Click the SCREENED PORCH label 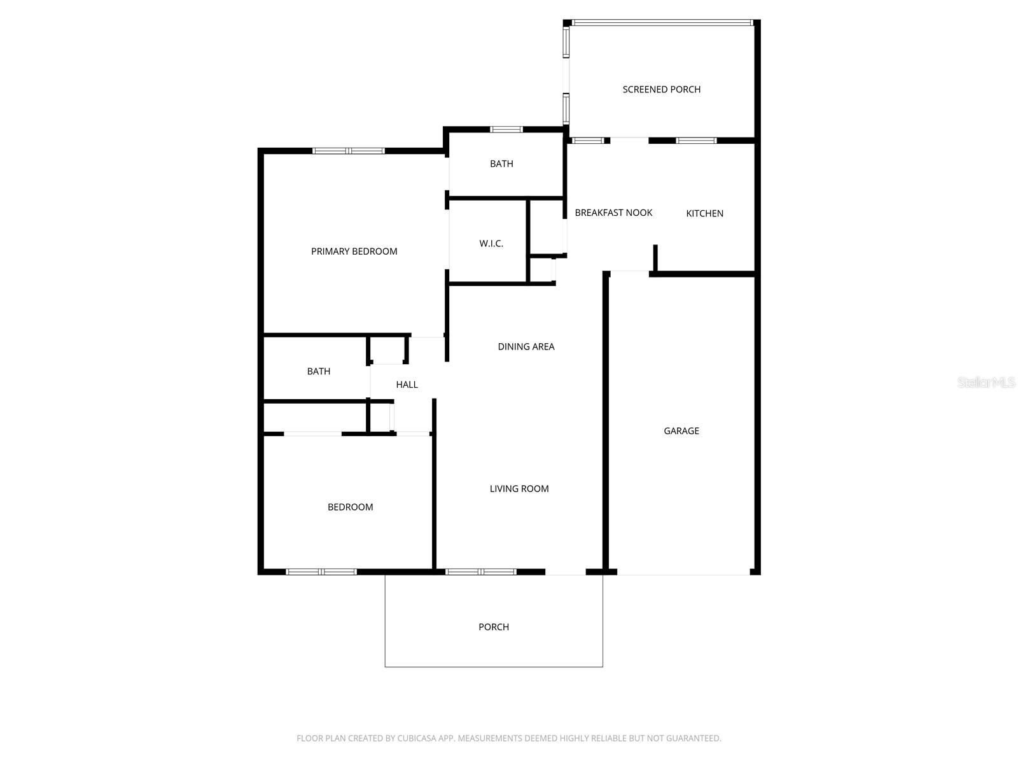click(x=661, y=90)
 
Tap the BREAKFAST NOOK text click(x=613, y=213)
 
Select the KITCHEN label click(x=704, y=213)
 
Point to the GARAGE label click(x=681, y=431)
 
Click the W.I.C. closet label click(x=491, y=244)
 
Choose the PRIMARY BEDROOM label click(x=354, y=251)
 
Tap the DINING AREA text click(x=526, y=346)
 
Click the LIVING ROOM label click(x=519, y=488)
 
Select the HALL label click(x=407, y=385)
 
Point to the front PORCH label click(x=494, y=627)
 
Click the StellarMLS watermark click(x=986, y=382)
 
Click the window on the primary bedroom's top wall click(x=348, y=151)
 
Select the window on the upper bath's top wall click(x=506, y=129)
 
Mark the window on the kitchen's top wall click(x=696, y=141)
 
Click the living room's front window click(x=481, y=572)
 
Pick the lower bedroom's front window click(x=321, y=572)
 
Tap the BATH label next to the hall click(x=319, y=372)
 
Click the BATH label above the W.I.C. click(x=501, y=164)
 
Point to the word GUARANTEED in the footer click(x=694, y=739)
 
